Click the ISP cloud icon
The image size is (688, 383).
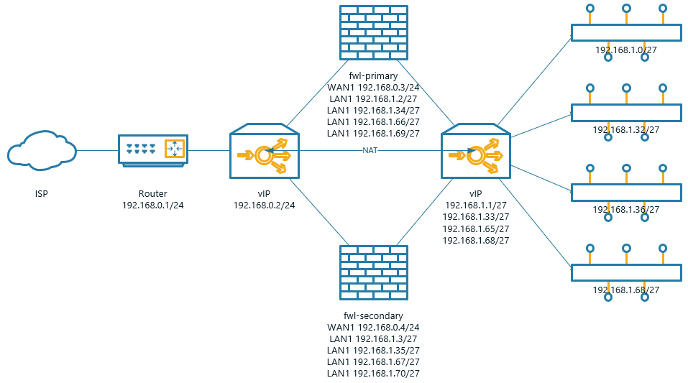[x=42, y=150]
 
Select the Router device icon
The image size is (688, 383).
[x=152, y=150]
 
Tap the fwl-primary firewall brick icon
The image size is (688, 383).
[x=373, y=33]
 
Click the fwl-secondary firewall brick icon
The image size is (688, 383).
[x=373, y=273]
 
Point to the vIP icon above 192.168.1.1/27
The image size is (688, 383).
[x=474, y=151]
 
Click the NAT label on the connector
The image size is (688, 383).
[x=370, y=150]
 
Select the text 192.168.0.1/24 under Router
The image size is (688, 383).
[x=152, y=206]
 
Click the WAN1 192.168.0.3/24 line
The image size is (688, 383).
[x=373, y=87]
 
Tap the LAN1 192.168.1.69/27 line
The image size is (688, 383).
[x=373, y=133]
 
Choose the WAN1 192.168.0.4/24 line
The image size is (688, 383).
[x=373, y=327]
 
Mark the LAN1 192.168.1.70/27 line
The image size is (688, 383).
[x=373, y=373]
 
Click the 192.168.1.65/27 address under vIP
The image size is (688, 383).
[x=476, y=229]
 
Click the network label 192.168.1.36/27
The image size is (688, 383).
[x=626, y=210]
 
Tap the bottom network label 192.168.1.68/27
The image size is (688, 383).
[x=626, y=290]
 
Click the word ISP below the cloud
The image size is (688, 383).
[x=42, y=194]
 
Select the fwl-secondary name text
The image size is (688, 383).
[x=373, y=315]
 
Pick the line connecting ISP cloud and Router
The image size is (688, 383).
[x=97, y=151]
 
